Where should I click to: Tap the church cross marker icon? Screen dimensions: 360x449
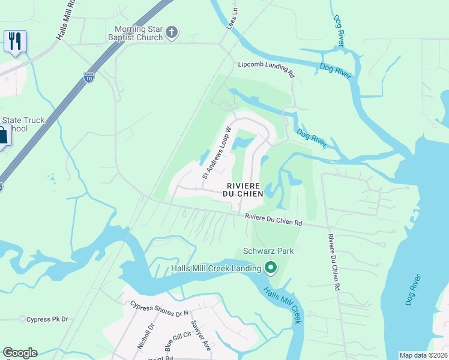click(x=172, y=32)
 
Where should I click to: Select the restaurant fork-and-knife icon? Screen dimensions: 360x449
click(x=14, y=41)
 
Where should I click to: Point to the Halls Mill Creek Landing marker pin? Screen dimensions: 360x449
click(x=271, y=268)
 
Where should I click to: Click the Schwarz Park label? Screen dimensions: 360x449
click(x=268, y=251)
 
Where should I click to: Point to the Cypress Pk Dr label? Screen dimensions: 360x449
click(x=47, y=319)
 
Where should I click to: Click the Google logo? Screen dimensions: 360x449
click(x=20, y=353)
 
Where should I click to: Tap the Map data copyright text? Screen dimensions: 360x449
click(x=423, y=355)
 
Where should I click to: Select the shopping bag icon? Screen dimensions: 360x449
click(x=2, y=134)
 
